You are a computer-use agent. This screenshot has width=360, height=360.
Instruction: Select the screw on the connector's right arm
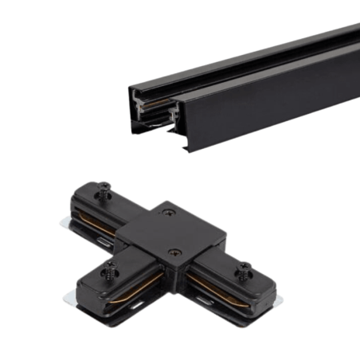click(245, 268)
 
